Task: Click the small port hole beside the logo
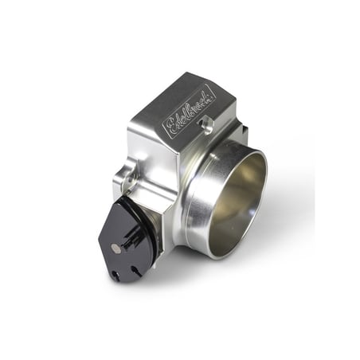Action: (206, 125)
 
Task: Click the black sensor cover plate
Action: (125, 241)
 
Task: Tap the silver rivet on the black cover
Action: (115, 249)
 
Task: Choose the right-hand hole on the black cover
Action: (135, 271)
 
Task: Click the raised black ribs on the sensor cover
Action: (134, 238)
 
